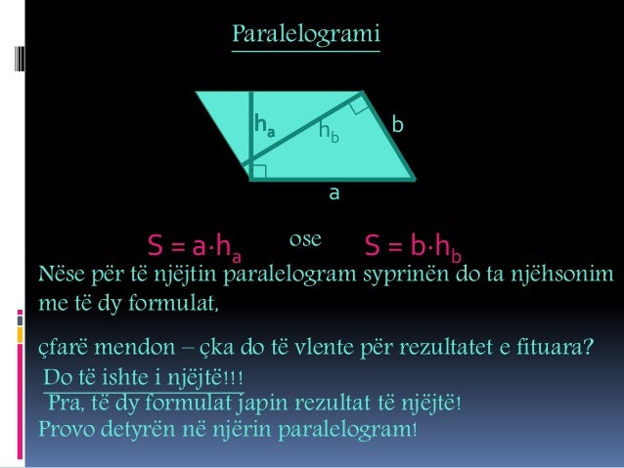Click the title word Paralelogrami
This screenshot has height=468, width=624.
[x=306, y=35]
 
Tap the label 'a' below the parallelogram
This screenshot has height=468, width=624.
[x=334, y=193]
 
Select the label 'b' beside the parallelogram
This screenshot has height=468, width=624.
[x=397, y=126]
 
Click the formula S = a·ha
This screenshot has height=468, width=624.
[x=195, y=245]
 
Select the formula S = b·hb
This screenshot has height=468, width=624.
[x=412, y=245]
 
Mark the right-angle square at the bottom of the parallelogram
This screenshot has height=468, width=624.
[x=259, y=172]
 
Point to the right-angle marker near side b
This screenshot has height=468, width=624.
[x=358, y=106]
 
